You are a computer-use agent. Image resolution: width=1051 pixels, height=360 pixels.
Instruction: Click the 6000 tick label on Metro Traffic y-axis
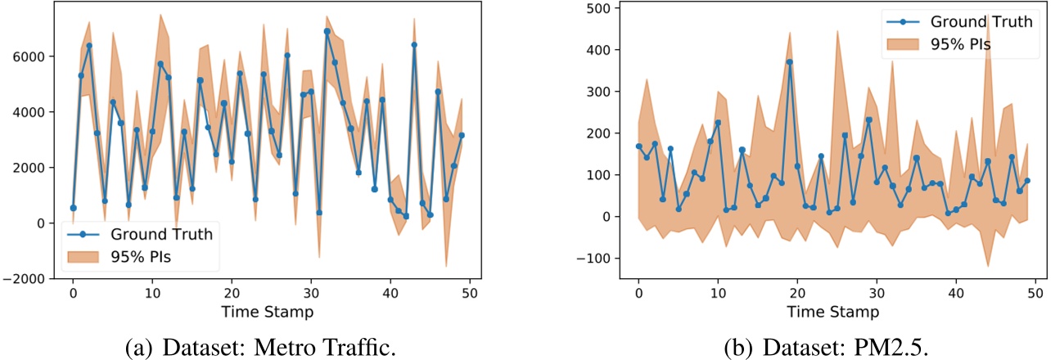pos(34,56)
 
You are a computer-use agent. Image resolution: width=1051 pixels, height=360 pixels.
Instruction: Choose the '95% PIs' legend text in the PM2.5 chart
pos(957,44)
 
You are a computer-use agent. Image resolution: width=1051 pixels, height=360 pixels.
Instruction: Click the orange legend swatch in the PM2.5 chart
pos(900,44)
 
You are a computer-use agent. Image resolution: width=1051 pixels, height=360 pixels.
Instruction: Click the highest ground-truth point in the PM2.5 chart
pos(789,62)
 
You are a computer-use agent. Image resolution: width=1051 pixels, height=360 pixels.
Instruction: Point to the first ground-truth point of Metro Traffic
pos(73,208)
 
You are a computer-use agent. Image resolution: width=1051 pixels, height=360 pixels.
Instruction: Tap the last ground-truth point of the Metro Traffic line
pos(462,135)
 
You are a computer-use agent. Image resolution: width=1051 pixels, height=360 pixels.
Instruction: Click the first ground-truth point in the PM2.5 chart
pos(638,146)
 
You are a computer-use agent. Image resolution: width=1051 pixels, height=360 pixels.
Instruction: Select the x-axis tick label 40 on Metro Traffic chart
pos(390,291)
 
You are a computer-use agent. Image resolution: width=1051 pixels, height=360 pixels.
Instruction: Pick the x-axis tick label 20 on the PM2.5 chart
pos(797,291)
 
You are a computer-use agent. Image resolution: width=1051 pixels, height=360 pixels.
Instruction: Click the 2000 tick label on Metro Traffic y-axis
pos(34,167)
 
